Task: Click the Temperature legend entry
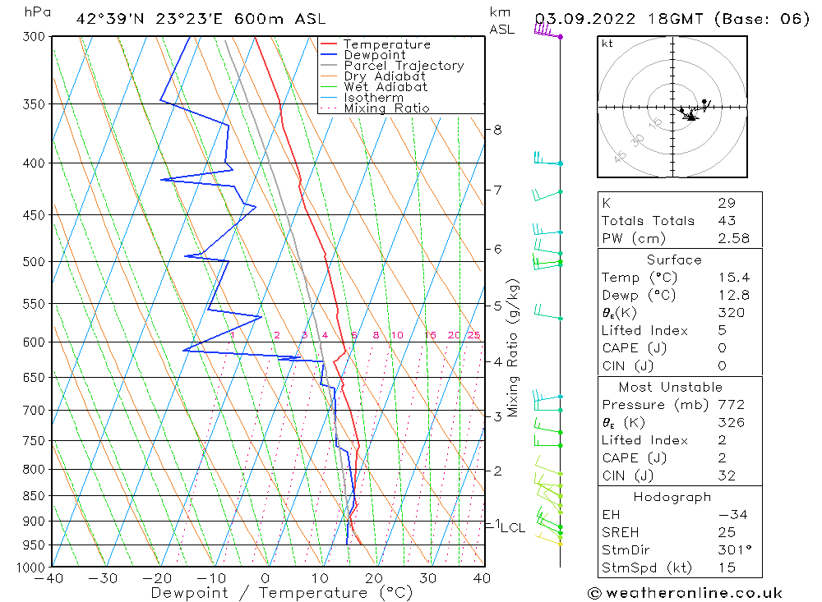[x=386, y=44]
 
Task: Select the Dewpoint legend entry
[x=375, y=55]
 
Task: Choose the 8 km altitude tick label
[x=497, y=130]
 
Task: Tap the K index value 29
[x=726, y=203]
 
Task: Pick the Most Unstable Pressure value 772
[x=731, y=405]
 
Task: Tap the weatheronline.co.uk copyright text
[x=685, y=592]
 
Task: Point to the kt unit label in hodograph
[x=607, y=44]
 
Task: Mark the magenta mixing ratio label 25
[x=473, y=335]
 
